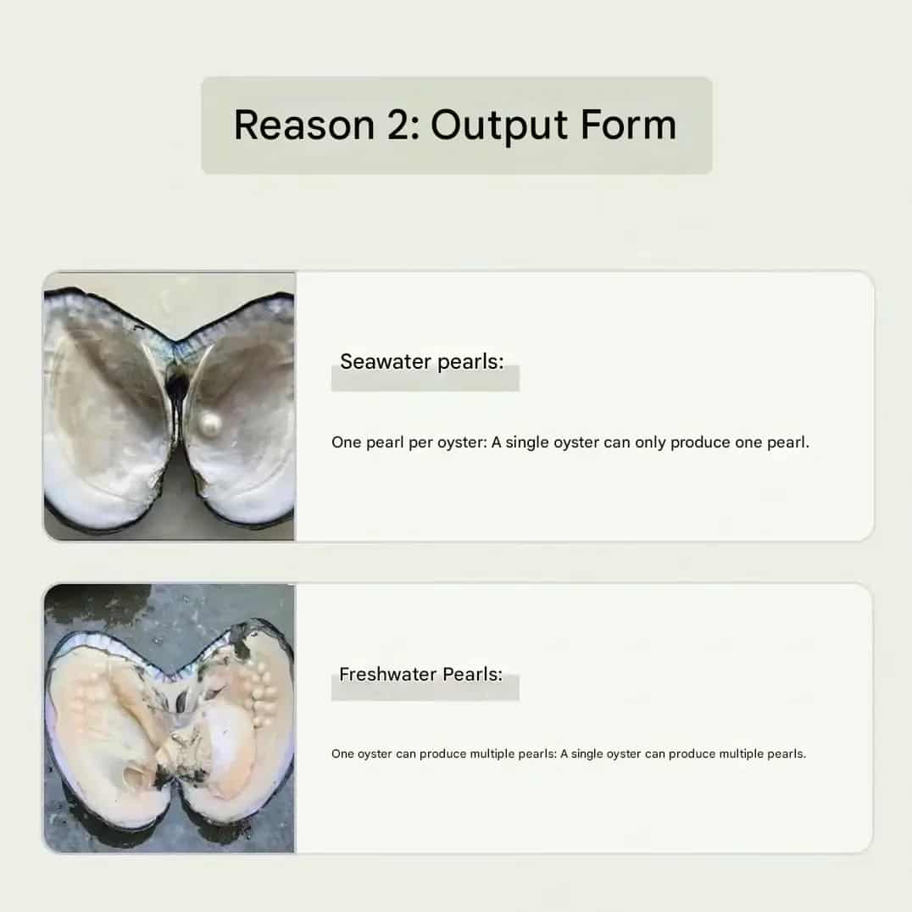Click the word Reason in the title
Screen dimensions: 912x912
(x=304, y=125)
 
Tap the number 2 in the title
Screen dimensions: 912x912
(x=399, y=125)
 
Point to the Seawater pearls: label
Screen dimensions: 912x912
(x=422, y=362)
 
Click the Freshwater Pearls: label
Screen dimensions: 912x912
(x=420, y=674)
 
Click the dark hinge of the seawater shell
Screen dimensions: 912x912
(x=176, y=383)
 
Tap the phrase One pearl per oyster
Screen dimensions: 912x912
(x=409, y=442)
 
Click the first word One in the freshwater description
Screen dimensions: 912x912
(x=342, y=754)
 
